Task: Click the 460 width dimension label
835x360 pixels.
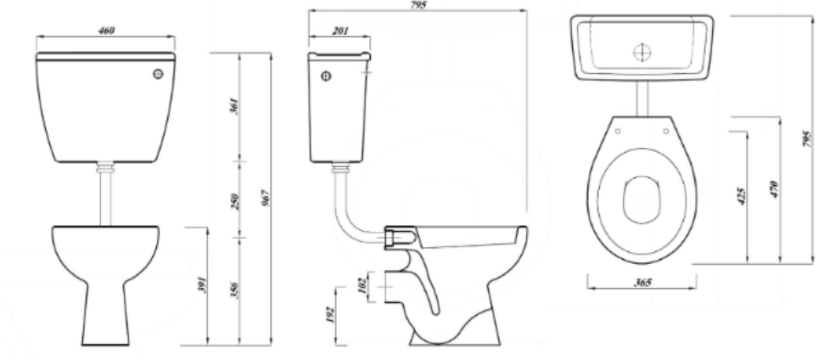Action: pyautogui.click(x=106, y=31)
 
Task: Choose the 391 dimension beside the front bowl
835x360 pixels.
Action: pyautogui.click(x=200, y=286)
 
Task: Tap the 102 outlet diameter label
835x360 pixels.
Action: pyautogui.click(x=361, y=282)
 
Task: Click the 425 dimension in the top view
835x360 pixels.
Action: pyautogui.click(x=741, y=196)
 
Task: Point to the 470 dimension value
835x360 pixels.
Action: pyautogui.click(x=774, y=188)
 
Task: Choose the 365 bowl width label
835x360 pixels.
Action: pyautogui.click(x=642, y=281)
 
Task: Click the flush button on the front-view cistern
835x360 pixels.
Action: pyautogui.click(x=157, y=74)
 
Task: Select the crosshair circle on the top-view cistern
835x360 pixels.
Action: pyautogui.click(x=642, y=50)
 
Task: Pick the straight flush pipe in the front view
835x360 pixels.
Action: pyautogui.click(x=106, y=196)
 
